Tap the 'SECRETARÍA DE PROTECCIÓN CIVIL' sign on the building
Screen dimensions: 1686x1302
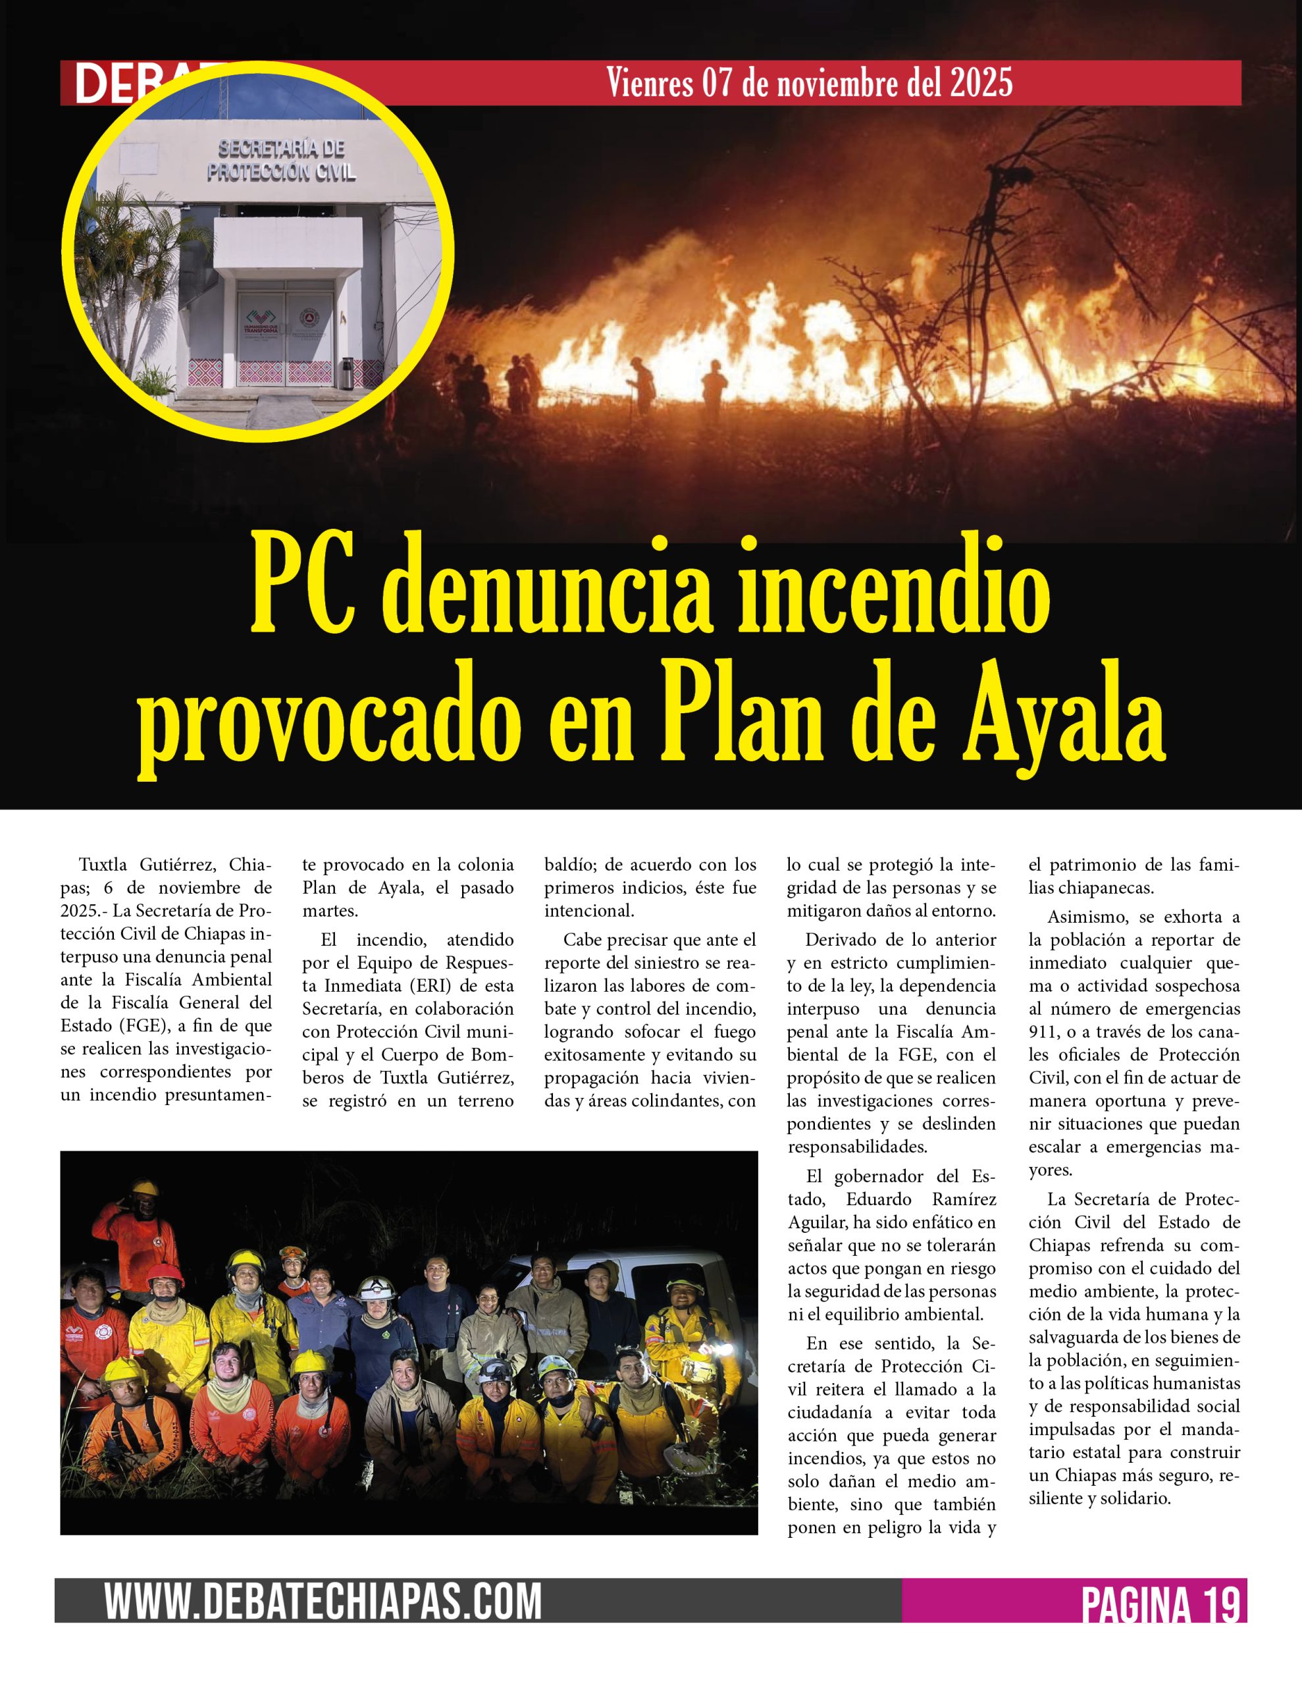[x=281, y=161]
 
